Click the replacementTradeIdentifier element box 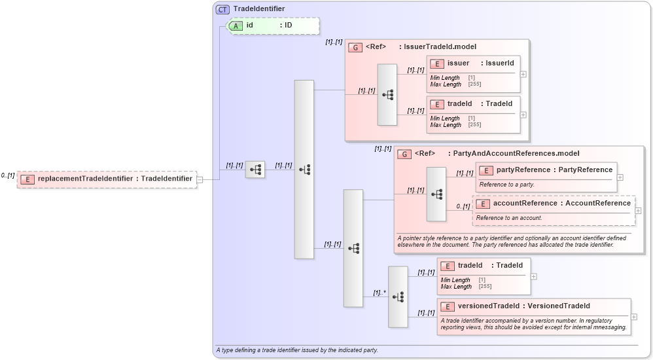point(107,179)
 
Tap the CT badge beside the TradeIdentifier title point(222,9)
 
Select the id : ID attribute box point(272,26)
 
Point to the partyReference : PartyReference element point(546,170)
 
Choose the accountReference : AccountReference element point(554,204)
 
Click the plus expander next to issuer point(523,74)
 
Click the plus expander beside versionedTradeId point(634,317)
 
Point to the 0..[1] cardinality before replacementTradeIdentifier point(8,175)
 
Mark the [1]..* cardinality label point(379,293)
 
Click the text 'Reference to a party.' point(507,185)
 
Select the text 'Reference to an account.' point(509,218)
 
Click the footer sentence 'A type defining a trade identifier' point(297,350)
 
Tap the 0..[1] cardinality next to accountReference point(463,207)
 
